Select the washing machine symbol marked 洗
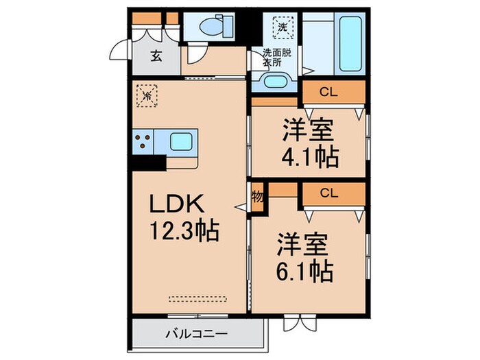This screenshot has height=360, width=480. (x=282, y=29)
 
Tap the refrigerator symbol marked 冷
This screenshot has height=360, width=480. (x=147, y=95)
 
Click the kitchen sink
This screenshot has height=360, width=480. (x=181, y=143)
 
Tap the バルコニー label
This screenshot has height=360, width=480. (x=196, y=335)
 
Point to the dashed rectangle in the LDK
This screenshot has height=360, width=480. (x=197, y=299)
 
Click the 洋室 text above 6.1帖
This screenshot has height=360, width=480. (x=302, y=244)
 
